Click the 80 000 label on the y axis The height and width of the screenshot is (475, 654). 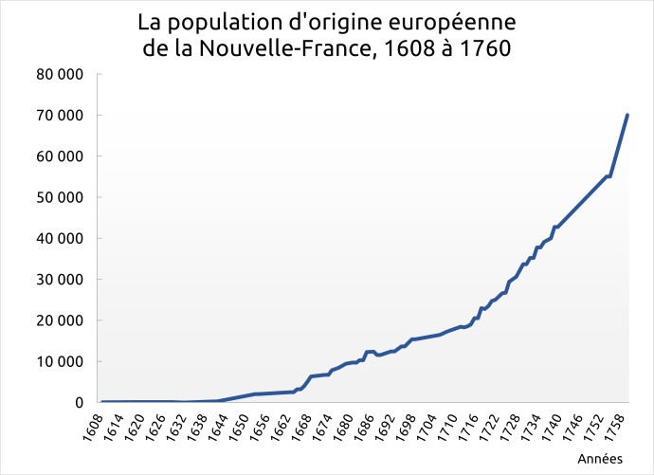(59, 75)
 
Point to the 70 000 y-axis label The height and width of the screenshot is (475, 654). (59, 116)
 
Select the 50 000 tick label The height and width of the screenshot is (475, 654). (59, 198)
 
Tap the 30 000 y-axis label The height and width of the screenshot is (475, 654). (59, 280)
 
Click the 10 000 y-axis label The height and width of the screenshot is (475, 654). (59, 362)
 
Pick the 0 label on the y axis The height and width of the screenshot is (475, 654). (79, 403)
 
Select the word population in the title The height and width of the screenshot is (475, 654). (221, 22)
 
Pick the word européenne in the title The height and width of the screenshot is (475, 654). (454, 22)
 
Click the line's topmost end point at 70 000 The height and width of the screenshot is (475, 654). (627, 116)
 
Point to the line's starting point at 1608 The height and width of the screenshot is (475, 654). (101, 402)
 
